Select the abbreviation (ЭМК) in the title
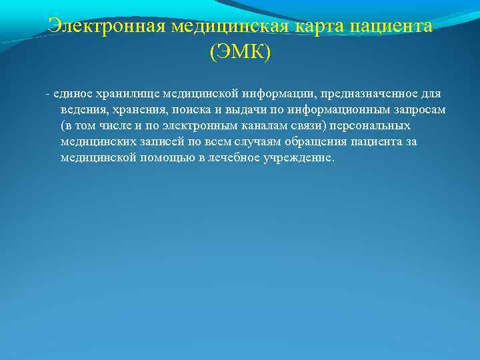tap(240, 52)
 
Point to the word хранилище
tap(126, 93)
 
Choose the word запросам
tap(413, 109)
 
